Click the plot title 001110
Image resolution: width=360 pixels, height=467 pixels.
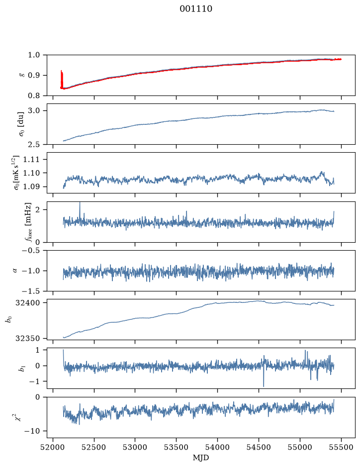tap(196, 8)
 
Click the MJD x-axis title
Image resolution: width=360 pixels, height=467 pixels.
tap(201, 458)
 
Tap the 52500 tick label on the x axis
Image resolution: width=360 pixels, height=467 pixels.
tap(94, 447)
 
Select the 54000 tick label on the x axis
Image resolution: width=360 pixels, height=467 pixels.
tap(217, 447)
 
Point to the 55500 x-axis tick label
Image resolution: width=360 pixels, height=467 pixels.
tap(341, 447)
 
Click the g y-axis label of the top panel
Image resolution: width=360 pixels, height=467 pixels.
tap(21, 76)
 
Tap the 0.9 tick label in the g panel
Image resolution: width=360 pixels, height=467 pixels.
tap(34, 76)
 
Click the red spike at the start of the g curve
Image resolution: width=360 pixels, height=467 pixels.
tap(62, 79)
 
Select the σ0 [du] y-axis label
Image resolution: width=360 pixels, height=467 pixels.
tap(21, 124)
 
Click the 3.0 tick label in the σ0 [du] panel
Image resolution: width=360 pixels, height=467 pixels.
tap(34, 111)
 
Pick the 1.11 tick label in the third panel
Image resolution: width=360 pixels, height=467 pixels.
tap(32, 160)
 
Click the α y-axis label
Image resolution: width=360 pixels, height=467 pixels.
tap(15, 271)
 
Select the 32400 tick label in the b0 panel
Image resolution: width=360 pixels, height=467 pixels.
tap(27, 303)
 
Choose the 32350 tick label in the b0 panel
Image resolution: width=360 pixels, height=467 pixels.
tap(27, 338)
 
